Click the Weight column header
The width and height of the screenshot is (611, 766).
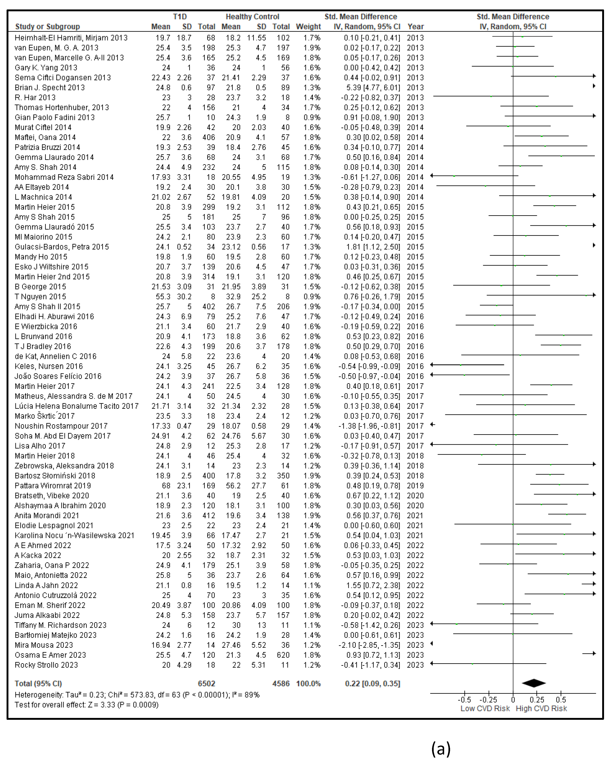308,27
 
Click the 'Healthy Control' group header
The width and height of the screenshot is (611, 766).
252,17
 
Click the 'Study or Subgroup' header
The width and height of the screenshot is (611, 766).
48,27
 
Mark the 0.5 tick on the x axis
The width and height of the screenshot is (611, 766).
561,700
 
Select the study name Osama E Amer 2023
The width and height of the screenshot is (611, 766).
50,655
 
